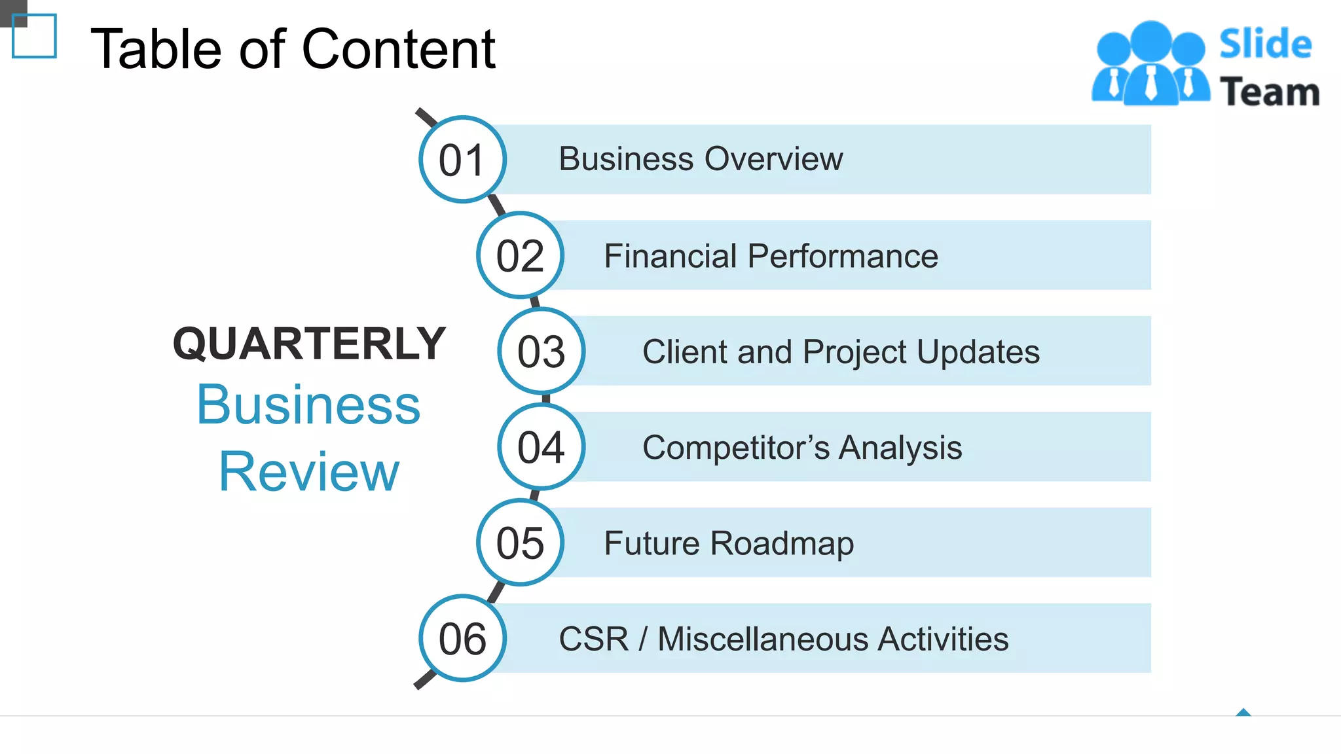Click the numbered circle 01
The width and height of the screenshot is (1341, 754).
(462, 160)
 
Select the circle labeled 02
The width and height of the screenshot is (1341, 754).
(520, 255)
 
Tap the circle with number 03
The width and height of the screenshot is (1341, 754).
(541, 351)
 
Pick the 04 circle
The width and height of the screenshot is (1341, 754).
(541, 447)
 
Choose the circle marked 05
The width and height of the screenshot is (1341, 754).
(520, 543)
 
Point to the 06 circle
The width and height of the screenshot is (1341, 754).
(462, 639)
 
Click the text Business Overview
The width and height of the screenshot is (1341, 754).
(701, 159)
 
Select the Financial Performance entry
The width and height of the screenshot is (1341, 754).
(771, 256)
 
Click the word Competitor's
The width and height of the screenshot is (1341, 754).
(736, 448)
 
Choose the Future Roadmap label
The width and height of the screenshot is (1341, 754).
(729, 543)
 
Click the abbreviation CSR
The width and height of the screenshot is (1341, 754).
(593, 639)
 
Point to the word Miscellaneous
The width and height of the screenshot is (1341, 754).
(763, 639)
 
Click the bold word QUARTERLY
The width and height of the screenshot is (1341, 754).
(309, 344)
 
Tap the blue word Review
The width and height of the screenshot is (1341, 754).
(309, 471)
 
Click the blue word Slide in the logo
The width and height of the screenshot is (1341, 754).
(1265, 45)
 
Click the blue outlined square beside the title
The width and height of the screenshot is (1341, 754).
(34, 36)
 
